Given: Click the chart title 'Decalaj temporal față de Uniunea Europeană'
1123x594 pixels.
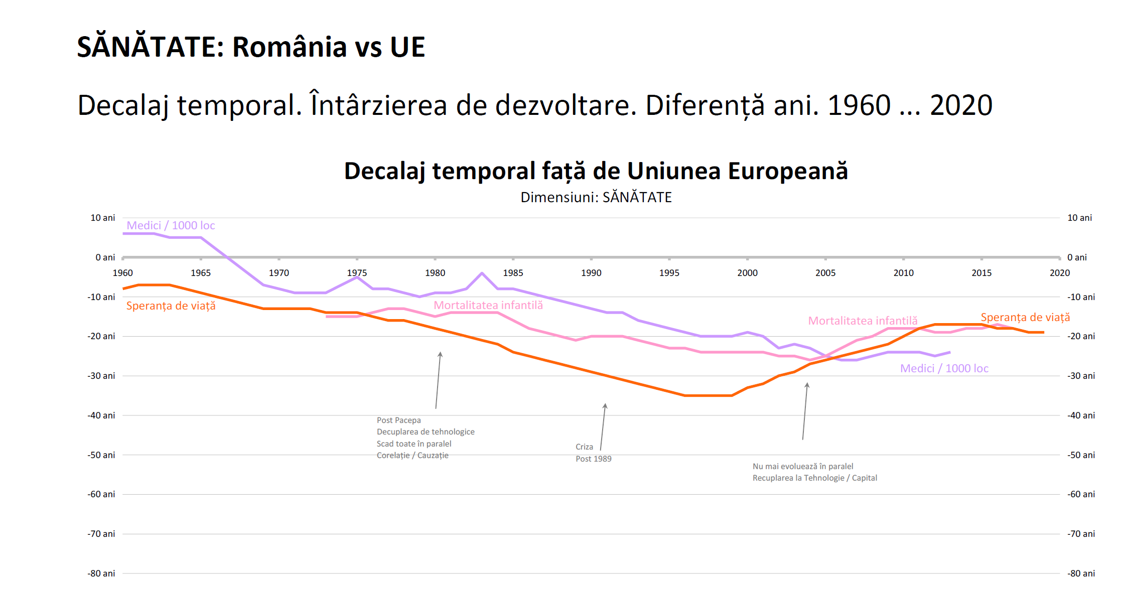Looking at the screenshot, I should click(x=596, y=171).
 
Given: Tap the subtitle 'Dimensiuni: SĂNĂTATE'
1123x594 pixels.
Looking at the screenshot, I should click(x=596, y=197).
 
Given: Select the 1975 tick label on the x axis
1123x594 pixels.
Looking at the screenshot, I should click(x=357, y=273).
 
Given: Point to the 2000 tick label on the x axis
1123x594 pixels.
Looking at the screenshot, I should click(x=747, y=273).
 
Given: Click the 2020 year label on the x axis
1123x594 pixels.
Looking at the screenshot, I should click(x=1059, y=273).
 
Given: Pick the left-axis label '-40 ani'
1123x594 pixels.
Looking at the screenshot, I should click(x=101, y=415).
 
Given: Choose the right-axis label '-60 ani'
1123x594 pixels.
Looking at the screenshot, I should click(x=1081, y=494).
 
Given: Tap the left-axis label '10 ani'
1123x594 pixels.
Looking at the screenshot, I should click(x=103, y=218).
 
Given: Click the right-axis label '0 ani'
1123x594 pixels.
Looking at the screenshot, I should click(x=1077, y=257).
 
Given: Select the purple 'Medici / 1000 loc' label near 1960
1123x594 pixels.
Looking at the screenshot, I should click(x=171, y=226).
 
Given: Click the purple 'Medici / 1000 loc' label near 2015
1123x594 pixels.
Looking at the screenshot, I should click(x=944, y=369).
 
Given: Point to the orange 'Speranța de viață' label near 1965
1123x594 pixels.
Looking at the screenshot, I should click(x=171, y=306).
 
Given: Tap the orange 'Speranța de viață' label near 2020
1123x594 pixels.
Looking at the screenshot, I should click(x=1025, y=318).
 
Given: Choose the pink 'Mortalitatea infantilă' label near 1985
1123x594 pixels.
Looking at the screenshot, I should click(x=488, y=306).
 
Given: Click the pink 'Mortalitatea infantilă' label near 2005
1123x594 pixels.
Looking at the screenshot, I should click(x=863, y=321).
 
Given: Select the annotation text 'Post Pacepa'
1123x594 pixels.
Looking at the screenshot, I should click(x=399, y=420).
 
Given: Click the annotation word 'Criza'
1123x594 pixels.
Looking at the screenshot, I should click(x=584, y=447).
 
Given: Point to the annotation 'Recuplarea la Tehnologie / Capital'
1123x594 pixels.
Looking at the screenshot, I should click(x=814, y=478).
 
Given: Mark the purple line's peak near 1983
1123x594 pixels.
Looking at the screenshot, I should click(x=482, y=273).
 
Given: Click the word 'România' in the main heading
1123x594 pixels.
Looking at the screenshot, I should click(x=290, y=47).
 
